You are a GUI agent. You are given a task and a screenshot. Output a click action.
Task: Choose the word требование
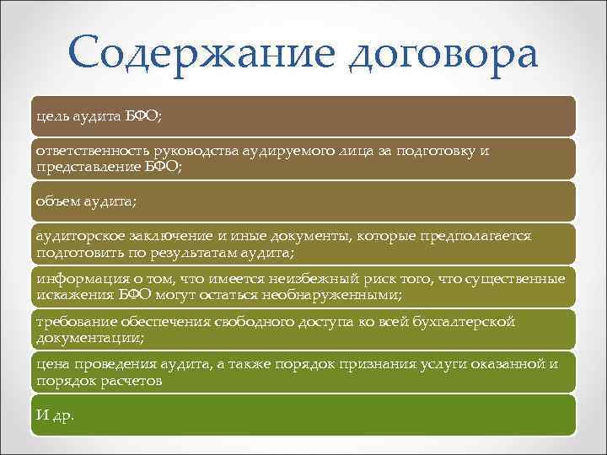tap(72, 323)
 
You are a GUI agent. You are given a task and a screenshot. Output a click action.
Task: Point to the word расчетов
tap(132, 381)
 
